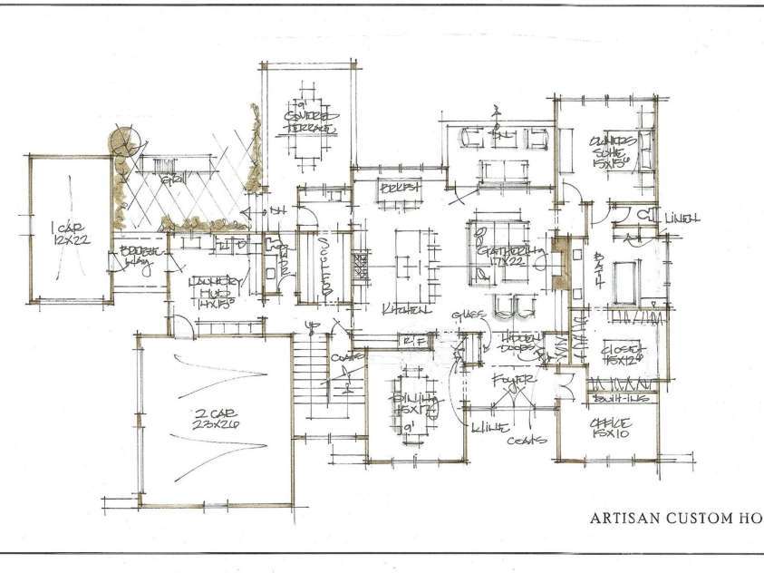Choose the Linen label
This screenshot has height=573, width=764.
point(681,219)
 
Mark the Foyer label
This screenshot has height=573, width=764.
point(511,380)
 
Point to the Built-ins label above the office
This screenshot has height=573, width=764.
point(614,398)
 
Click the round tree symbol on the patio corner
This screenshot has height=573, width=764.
point(122,141)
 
